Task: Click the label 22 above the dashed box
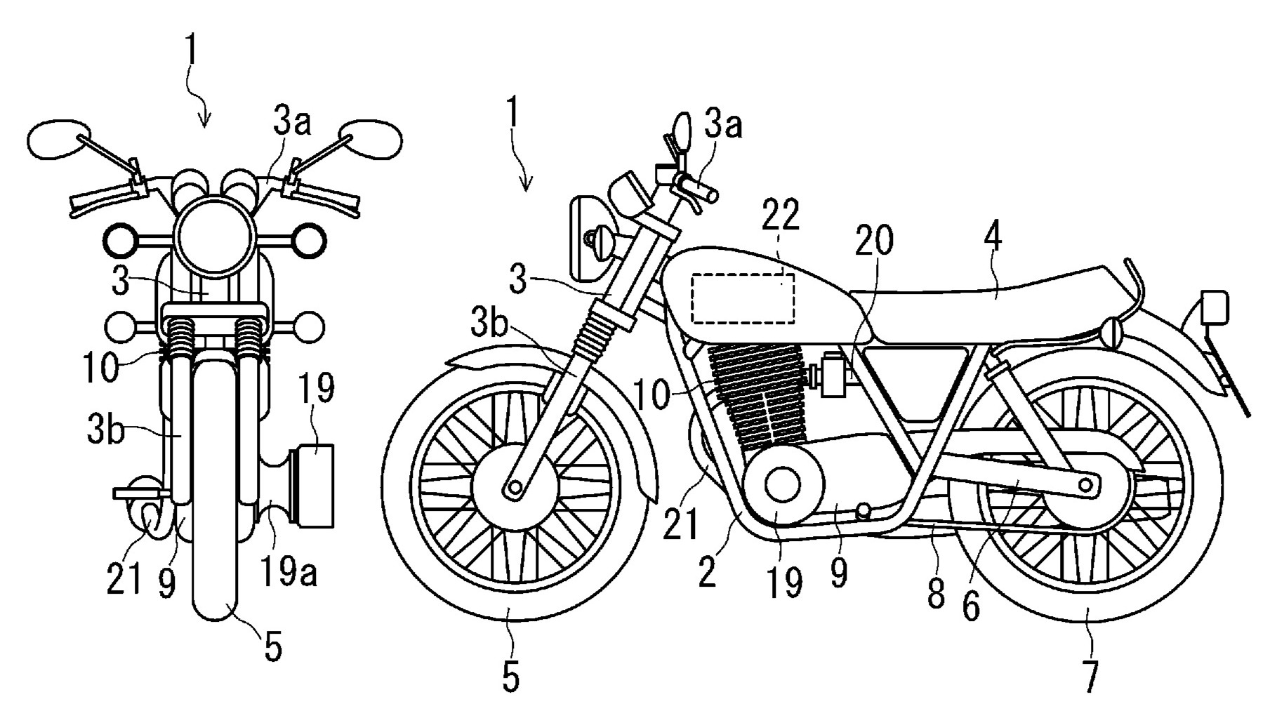coord(781,217)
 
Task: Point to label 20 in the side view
coord(874,241)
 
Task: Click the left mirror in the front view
coord(59,138)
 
